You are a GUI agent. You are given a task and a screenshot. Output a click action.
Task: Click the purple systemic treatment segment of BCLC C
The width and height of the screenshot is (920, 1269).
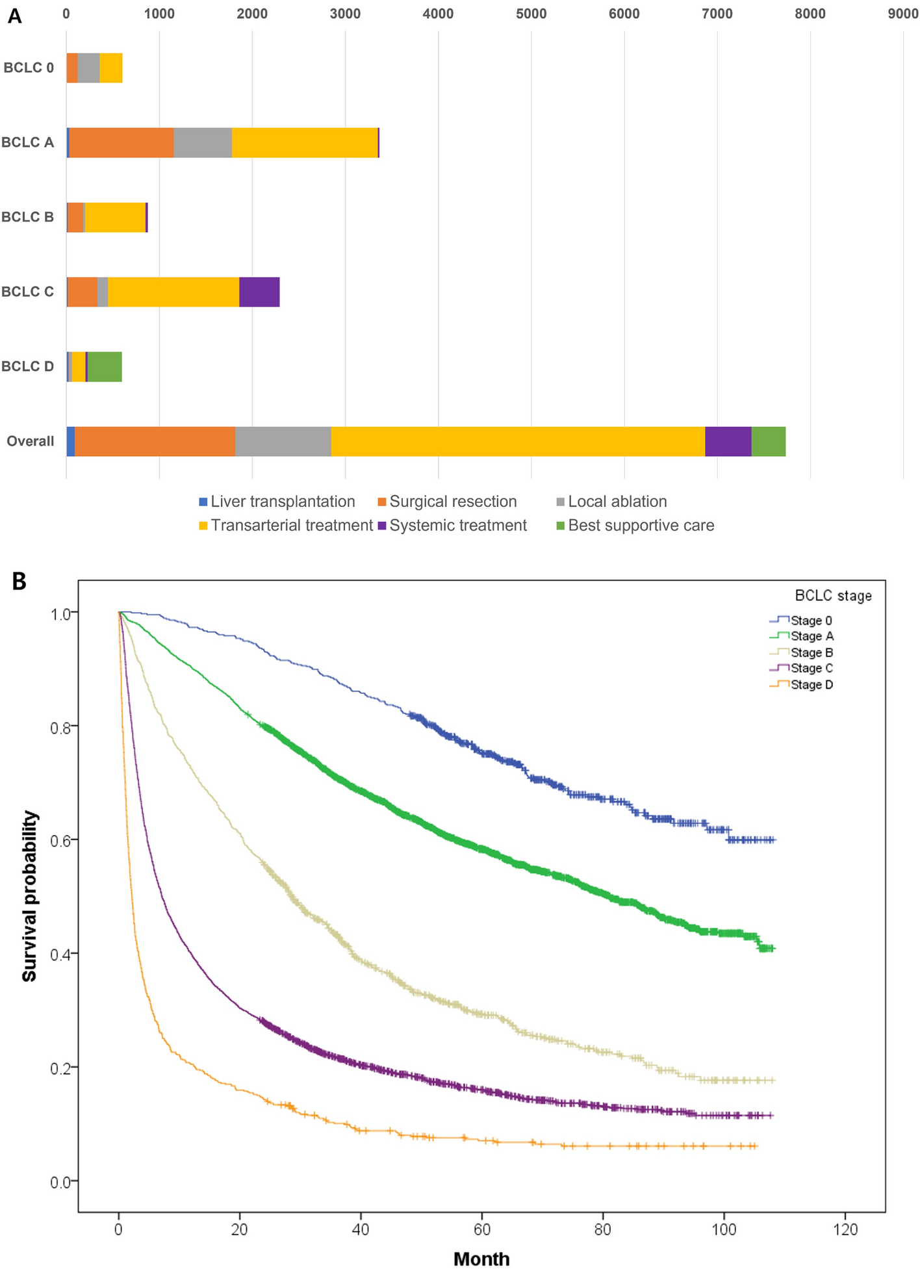[259, 292]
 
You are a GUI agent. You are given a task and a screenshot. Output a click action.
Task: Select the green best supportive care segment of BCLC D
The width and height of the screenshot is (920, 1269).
[105, 366]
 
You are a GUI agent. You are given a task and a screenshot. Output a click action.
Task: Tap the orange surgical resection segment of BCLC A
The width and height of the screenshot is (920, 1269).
[121, 142]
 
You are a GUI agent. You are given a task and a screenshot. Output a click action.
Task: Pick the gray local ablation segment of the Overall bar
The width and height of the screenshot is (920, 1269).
[283, 441]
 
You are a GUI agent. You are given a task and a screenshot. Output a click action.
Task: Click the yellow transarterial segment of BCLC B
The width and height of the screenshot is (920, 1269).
[116, 217]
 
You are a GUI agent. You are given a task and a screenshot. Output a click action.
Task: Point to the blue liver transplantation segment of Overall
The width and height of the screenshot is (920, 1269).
[71, 441]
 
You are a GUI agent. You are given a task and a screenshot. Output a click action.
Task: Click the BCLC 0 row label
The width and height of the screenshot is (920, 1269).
[29, 68]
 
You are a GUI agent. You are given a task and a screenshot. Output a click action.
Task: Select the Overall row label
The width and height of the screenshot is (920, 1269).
[31, 441]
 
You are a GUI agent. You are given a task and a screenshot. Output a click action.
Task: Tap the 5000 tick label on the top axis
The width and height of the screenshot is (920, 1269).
[531, 14]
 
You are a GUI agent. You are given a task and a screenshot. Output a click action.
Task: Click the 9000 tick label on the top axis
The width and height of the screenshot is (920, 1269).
[903, 14]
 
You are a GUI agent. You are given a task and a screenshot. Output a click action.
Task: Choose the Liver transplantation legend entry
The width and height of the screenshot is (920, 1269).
[277, 502]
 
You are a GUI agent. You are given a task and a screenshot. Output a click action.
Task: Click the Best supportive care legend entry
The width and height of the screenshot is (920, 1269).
[635, 525]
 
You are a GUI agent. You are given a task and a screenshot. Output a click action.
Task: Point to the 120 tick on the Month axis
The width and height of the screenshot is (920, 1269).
[845, 1229]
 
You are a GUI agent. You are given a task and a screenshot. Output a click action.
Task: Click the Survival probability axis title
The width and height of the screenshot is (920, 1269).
[29, 896]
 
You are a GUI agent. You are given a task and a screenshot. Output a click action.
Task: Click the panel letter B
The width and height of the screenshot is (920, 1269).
[19, 581]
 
